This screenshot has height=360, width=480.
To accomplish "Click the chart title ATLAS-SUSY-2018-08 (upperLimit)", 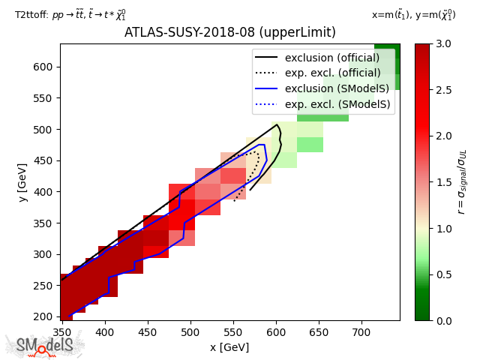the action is pyautogui.click(x=230, y=32).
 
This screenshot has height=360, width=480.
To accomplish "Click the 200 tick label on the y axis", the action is pyautogui.click(x=42, y=316).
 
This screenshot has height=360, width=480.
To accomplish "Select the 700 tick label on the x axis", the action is pyautogui.click(x=361, y=332).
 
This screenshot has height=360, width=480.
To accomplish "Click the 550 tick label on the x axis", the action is pyautogui.click(x=233, y=332).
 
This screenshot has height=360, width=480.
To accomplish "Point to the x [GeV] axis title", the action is pyautogui.click(x=229, y=347).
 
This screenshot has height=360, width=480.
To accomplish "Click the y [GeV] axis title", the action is pyautogui.click(x=22, y=182).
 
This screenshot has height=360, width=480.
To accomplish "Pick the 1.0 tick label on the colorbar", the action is pyautogui.click(x=443, y=229).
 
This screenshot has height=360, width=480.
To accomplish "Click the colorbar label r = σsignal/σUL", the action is pyautogui.click(x=462, y=182).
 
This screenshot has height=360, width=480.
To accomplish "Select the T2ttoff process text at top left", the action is pyautogui.click(x=70, y=14).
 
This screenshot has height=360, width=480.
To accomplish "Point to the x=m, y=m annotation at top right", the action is pyautogui.click(x=413, y=14).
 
